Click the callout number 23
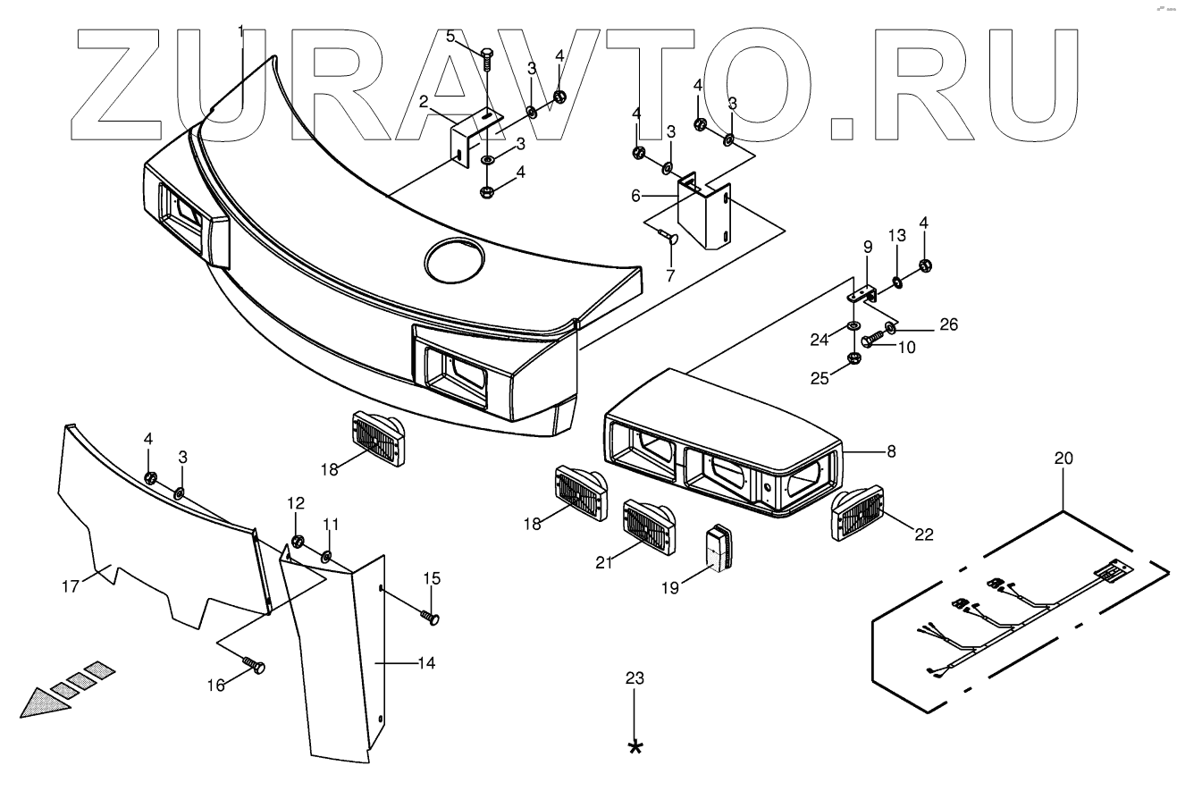[x=634, y=678]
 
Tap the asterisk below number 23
[x=635, y=746]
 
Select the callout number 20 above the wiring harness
[x=1064, y=459]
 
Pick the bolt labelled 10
[x=871, y=340]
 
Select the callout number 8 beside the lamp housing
[x=889, y=452]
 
